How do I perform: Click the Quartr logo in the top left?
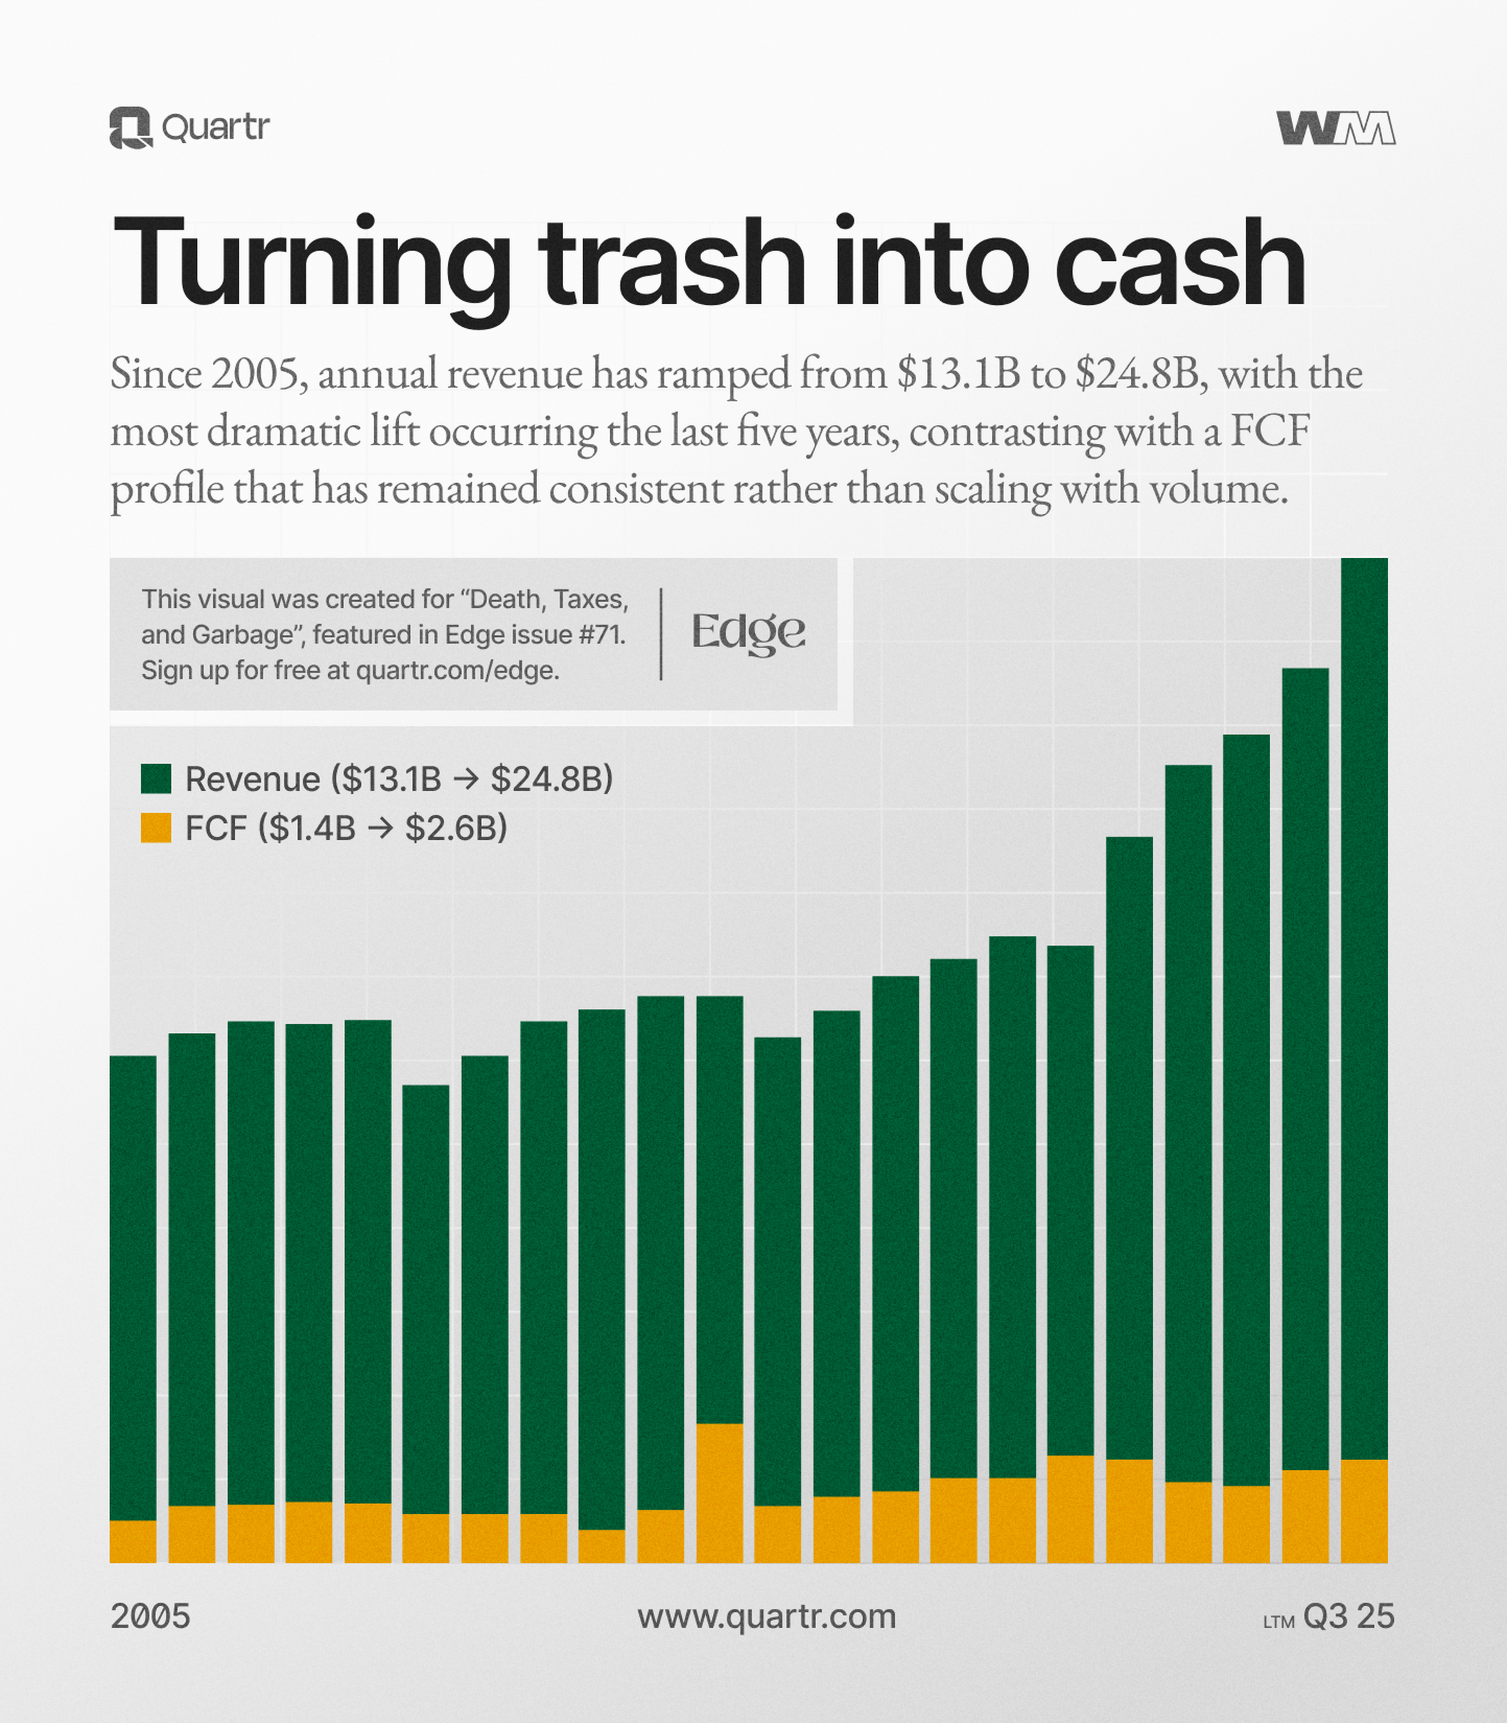[189, 128]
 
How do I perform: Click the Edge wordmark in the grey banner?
[748, 633]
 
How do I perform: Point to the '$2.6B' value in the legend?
[456, 828]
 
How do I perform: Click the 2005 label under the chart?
[151, 1616]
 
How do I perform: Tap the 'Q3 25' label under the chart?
[1348, 1616]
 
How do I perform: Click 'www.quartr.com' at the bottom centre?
[766, 1616]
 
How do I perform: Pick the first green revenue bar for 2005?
[133, 1287]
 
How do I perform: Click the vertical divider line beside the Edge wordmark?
[661, 633]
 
